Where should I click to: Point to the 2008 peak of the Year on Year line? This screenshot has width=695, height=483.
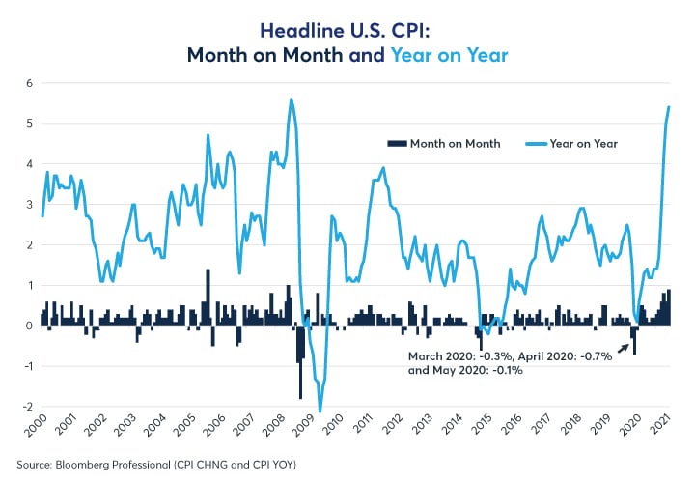click(291, 99)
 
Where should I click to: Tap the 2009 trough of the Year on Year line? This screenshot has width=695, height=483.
click(320, 411)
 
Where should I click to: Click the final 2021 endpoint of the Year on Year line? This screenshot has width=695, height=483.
click(669, 107)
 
